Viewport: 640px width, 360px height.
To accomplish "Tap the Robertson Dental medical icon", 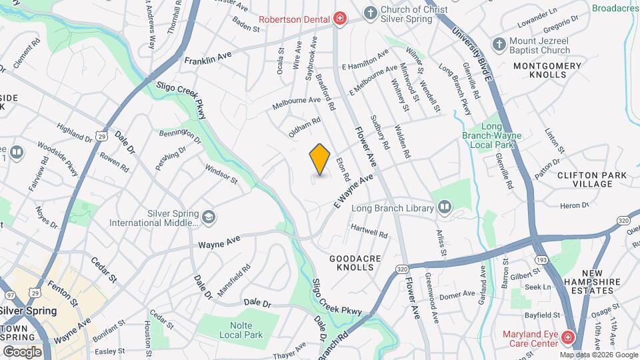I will (x=339, y=18).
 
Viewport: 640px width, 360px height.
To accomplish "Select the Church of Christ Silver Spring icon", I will (x=370, y=13).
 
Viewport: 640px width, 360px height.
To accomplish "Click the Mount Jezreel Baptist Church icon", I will (x=498, y=45).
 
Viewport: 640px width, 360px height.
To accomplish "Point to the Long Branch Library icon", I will (x=444, y=208).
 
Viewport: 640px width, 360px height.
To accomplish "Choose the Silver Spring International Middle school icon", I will (x=209, y=217).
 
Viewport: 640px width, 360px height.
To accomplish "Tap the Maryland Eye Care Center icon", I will (x=568, y=337).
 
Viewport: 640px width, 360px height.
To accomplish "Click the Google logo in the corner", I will (x=22, y=351).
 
